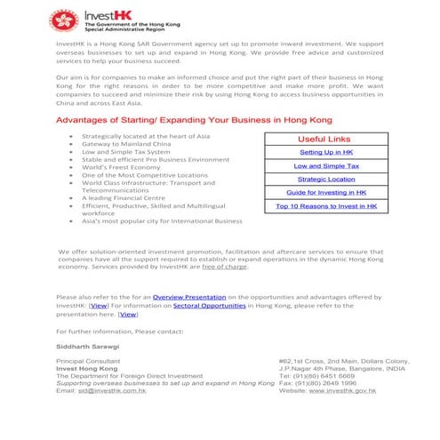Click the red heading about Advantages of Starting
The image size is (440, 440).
click(181, 119)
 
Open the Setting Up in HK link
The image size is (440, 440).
click(326, 153)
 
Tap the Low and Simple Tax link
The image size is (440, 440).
click(326, 166)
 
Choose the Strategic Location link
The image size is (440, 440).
click(326, 180)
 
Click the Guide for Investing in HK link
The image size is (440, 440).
click(326, 193)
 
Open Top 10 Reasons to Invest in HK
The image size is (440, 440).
click(326, 206)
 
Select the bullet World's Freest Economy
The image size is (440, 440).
click(121, 167)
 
